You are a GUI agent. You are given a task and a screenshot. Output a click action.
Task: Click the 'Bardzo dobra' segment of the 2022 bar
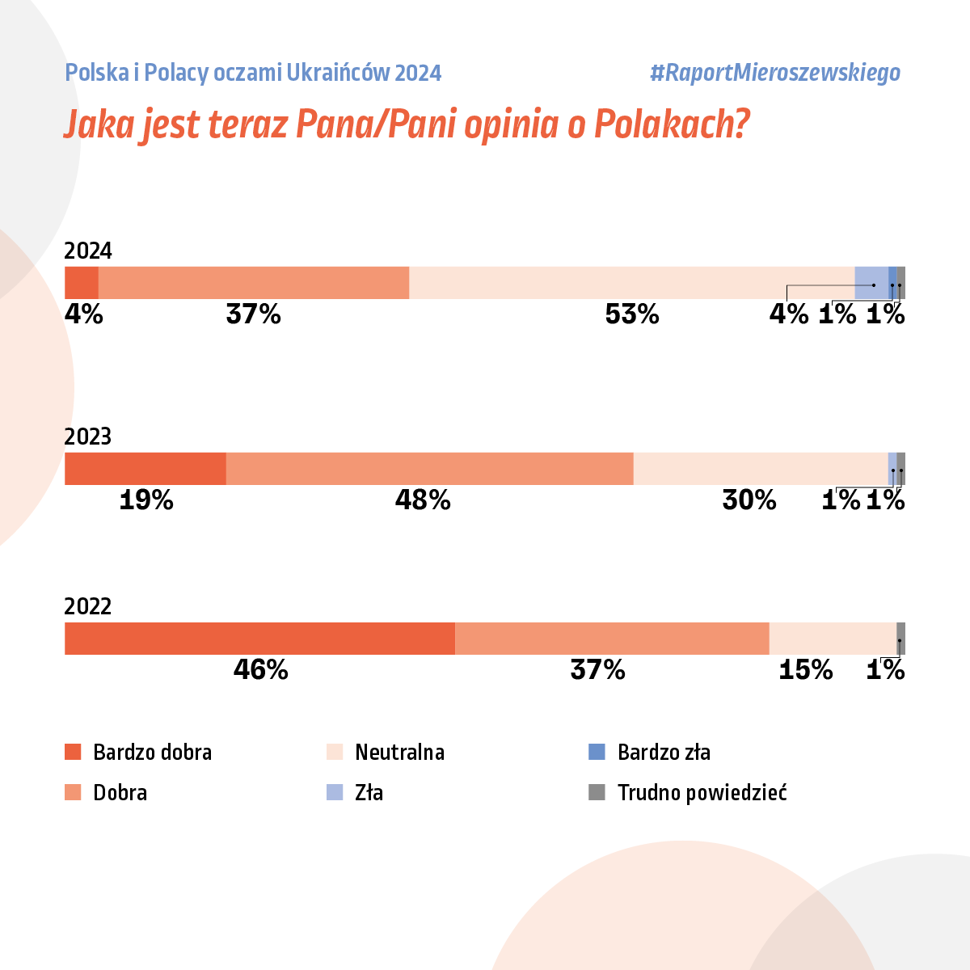click(x=259, y=638)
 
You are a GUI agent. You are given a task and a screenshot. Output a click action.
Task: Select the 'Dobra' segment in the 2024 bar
click(x=254, y=283)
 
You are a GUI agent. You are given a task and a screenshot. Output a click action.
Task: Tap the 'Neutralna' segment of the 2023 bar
click(x=761, y=469)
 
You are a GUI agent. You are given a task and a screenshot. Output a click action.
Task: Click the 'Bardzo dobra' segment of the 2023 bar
click(x=145, y=469)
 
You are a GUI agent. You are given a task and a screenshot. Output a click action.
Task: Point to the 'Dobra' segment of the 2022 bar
click(x=612, y=638)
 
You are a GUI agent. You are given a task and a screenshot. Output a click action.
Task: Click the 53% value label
click(x=632, y=314)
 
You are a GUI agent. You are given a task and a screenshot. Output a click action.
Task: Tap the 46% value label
click(x=260, y=669)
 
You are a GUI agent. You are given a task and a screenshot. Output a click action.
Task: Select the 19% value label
click(x=146, y=500)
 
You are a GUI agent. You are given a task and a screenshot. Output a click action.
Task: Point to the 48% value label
click(x=423, y=500)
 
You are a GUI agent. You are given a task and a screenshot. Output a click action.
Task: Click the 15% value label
click(x=805, y=669)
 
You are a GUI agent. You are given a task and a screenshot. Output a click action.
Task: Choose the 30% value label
click(x=749, y=500)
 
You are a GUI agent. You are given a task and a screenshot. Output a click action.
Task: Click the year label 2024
click(x=88, y=251)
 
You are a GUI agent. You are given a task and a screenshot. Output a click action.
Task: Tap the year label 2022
click(x=88, y=607)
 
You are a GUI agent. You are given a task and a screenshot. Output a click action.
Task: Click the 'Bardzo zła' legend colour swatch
click(x=597, y=752)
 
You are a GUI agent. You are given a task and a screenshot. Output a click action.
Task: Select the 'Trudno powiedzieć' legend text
click(x=702, y=792)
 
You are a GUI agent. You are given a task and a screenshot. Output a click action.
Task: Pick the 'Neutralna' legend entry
click(x=399, y=752)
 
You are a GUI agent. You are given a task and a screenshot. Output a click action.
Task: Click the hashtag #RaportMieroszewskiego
click(x=774, y=73)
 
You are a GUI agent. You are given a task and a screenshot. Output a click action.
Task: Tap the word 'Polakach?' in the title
click(x=672, y=124)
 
